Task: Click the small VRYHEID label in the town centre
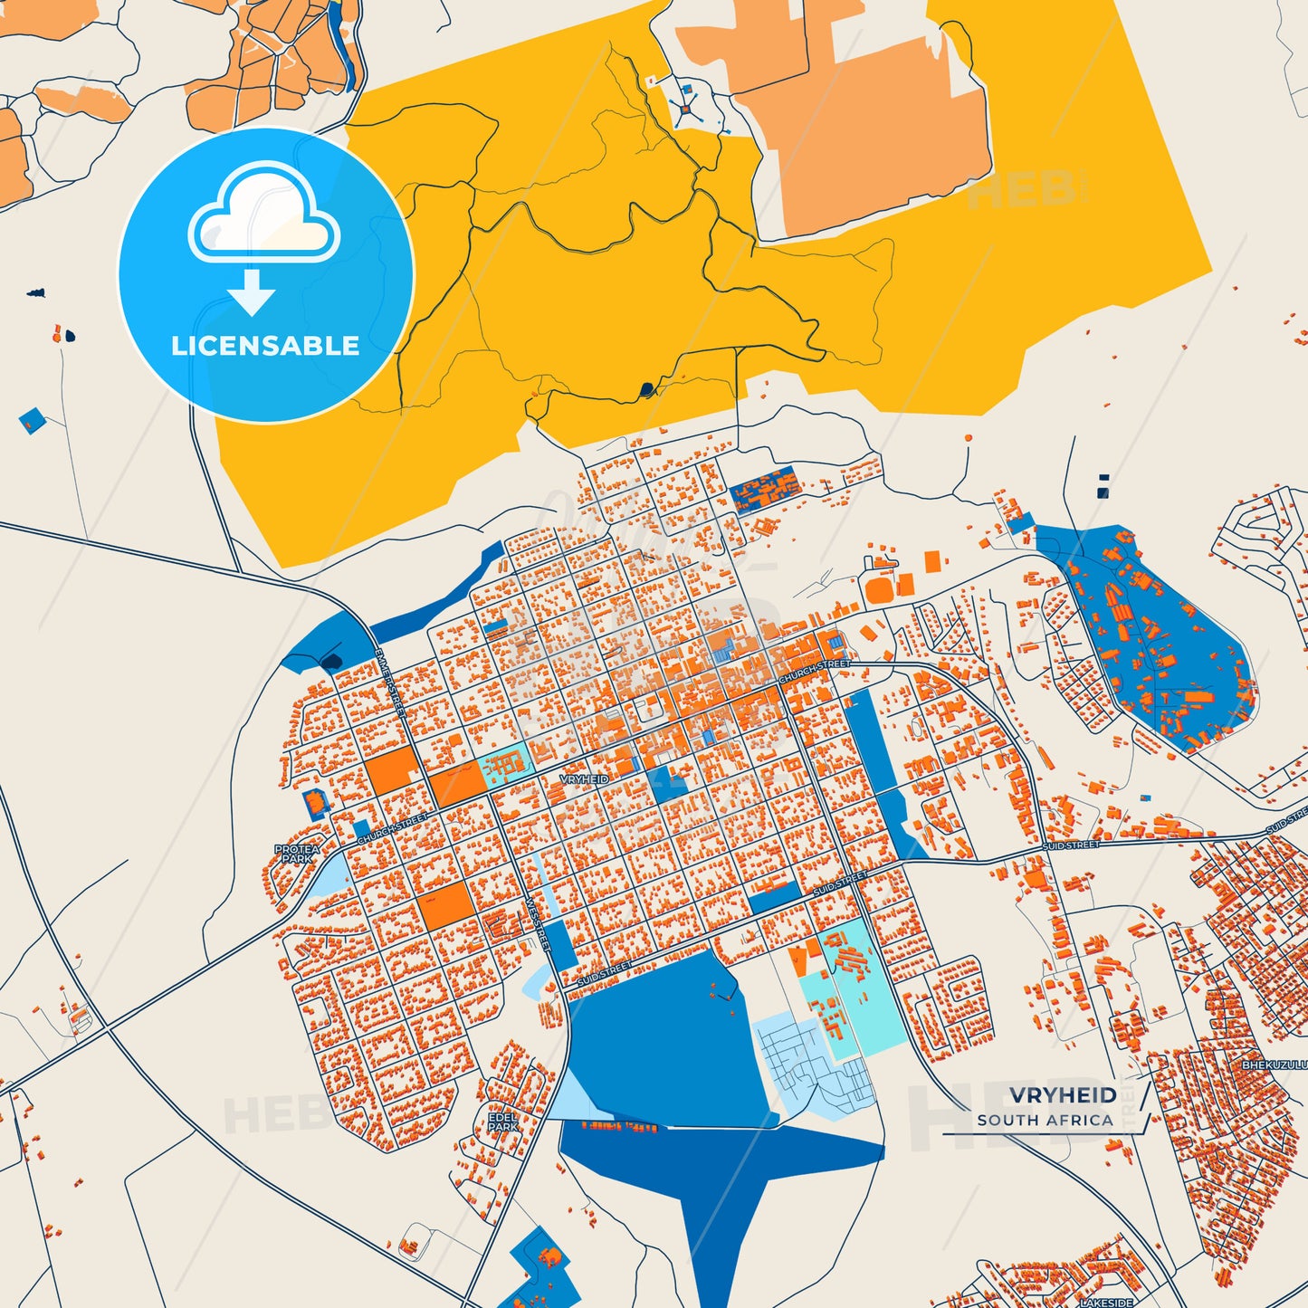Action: tap(584, 779)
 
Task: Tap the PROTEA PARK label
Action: tap(297, 854)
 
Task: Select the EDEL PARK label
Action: tap(502, 1122)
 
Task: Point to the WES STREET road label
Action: tap(538, 923)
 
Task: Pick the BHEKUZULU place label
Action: tap(1274, 1065)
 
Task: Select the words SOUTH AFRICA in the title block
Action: tap(1045, 1121)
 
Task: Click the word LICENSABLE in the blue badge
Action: tap(265, 346)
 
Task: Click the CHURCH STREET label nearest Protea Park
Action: tap(393, 829)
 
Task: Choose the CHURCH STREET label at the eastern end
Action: tap(814, 671)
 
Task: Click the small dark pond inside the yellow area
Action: tap(646, 390)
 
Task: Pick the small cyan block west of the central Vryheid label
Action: tap(503, 765)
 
